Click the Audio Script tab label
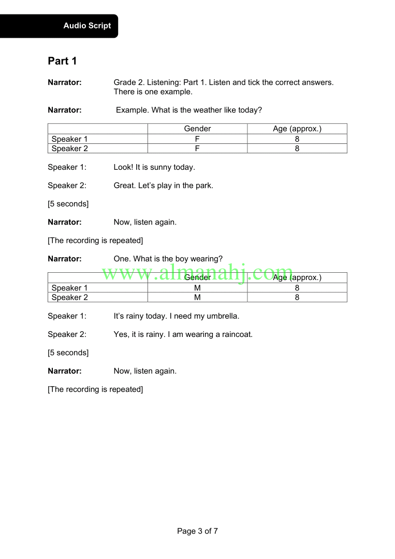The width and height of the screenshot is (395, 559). point(87,26)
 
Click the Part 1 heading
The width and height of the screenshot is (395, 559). point(62,61)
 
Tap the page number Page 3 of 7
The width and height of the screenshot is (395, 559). point(197,531)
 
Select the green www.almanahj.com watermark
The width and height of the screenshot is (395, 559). point(197,272)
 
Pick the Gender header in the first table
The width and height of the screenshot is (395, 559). point(197,129)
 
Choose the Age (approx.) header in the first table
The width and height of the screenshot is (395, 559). point(297,129)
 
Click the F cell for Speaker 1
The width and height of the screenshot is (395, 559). point(197,139)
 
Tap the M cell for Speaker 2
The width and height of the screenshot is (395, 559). point(197,297)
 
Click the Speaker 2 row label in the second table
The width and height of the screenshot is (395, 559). point(70,297)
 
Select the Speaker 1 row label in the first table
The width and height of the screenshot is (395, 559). point(70,139)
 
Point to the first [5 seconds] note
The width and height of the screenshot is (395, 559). point(68,204)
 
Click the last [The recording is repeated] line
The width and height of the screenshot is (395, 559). point(95,389)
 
